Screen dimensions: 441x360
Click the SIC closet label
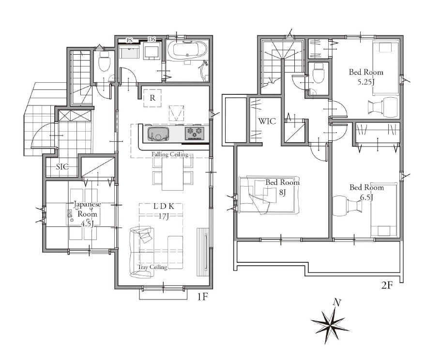(x=62, y=166)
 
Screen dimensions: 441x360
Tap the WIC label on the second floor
(x=267, y=121)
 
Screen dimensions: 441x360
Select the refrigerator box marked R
(x=152, y=98)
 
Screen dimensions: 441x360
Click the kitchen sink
(x=158, y=134)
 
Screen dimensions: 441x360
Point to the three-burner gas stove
(x=195, y=133)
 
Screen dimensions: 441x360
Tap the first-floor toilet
(x=104, y=61)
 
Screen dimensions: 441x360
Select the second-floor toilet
(x=319, y=73)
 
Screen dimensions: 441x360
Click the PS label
(x=129, y=41)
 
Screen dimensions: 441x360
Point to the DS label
(x=152, y=40)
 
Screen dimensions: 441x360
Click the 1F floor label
(x=202, y=297)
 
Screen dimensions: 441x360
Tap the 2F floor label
(x=386, y=285)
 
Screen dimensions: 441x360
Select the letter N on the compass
(x=336, y=303)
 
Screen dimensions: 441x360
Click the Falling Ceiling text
(x=170, y=154)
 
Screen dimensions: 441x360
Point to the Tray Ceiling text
(x=152, y=267)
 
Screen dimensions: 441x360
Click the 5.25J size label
(x=366, y=82)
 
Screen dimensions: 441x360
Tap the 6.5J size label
(x=367, y=197)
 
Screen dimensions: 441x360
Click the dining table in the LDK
(x=172, y=173)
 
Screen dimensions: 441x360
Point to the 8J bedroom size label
(x=282, y=193)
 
